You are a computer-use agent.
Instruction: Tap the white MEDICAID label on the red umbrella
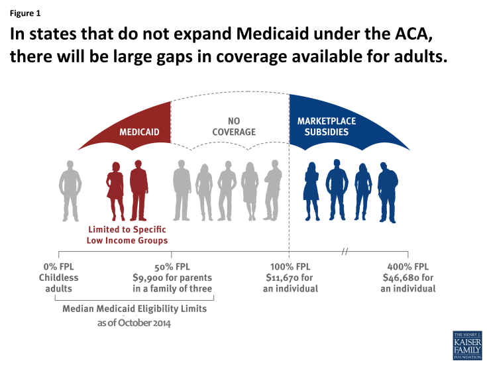tap(138, 132)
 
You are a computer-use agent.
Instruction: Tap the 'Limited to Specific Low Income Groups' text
tap(127, 235)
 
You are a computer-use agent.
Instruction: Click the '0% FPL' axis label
tap(59, 267)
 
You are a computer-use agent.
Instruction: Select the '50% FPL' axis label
tap(172, 267)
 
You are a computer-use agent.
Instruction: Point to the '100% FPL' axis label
tap(290, 267)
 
